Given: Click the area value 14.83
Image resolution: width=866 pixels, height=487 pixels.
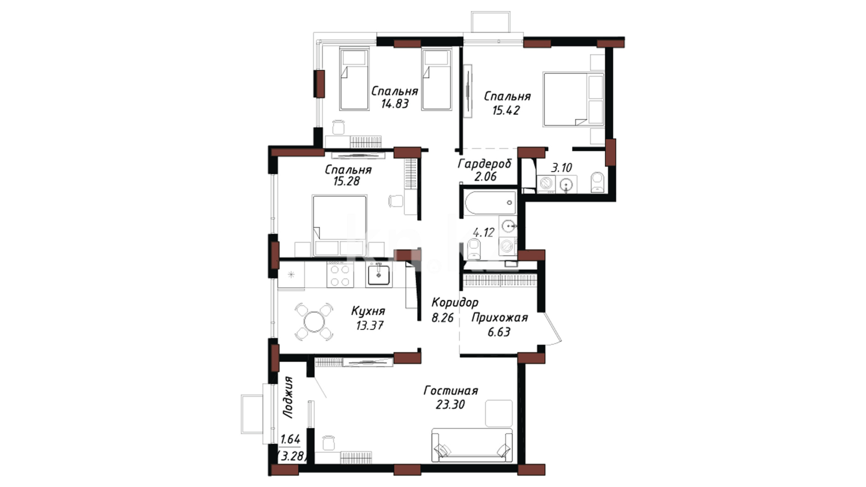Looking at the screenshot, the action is pos(395,104).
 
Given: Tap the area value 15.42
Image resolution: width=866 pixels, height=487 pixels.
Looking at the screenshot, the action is pos(506,110).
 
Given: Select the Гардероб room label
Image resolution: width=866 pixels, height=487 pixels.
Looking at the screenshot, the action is pos(485,164).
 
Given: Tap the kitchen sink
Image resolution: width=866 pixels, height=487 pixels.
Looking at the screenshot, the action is pos(379,275).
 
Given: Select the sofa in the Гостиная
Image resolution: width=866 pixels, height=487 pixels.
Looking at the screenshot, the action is pos(472,445).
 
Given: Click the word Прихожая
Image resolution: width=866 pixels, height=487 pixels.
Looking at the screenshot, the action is pos(499,318).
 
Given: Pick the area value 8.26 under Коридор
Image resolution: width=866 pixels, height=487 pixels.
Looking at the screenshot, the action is pos(442,318).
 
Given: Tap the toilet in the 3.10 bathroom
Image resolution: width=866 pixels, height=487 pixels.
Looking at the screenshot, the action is pos(598,182).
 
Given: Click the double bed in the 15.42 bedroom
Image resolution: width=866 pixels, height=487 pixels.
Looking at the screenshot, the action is pos(573,99).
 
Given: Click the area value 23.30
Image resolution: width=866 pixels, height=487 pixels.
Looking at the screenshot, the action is pos(450,405).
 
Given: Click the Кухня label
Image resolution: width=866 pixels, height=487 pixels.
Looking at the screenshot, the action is pos(368,311).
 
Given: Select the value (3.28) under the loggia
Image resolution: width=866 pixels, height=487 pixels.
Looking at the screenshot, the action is pos(293,456).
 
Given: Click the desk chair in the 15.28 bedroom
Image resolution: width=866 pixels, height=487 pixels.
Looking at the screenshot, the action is pos(396,201).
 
